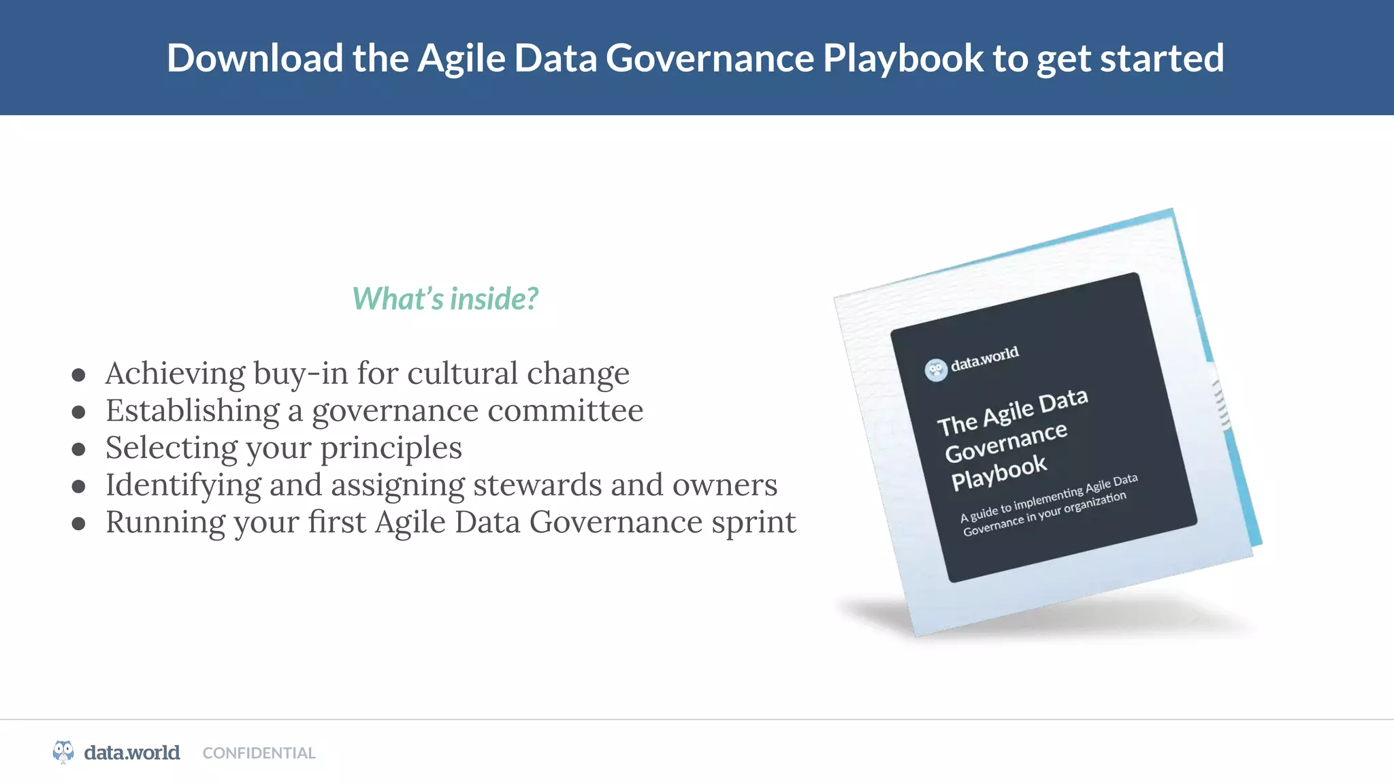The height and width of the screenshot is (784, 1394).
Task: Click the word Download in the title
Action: (x=255, y=59)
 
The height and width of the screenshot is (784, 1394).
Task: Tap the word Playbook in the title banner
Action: (x=903, y=59)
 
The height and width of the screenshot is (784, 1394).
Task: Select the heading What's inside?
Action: (x=445, y=299)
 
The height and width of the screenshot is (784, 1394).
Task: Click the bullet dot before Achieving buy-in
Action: (x=79, y=375)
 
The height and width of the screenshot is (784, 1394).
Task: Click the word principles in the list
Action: (x=391, y=448)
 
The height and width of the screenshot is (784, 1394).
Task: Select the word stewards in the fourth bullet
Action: (x=538, y=485)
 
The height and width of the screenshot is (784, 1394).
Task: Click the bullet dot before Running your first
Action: (x=79, y=523)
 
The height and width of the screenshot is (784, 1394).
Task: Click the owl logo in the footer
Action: (x=63, y=752)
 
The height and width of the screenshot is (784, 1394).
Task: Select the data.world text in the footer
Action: (x=132, y=753)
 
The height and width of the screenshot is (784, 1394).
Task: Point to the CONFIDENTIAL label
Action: (x=259, y=753)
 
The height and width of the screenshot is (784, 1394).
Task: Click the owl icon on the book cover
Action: (x=936, y=370)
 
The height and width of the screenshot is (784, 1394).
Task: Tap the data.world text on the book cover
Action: (x=984, y=358)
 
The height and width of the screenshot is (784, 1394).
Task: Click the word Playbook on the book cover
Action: (x=999, y=472)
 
